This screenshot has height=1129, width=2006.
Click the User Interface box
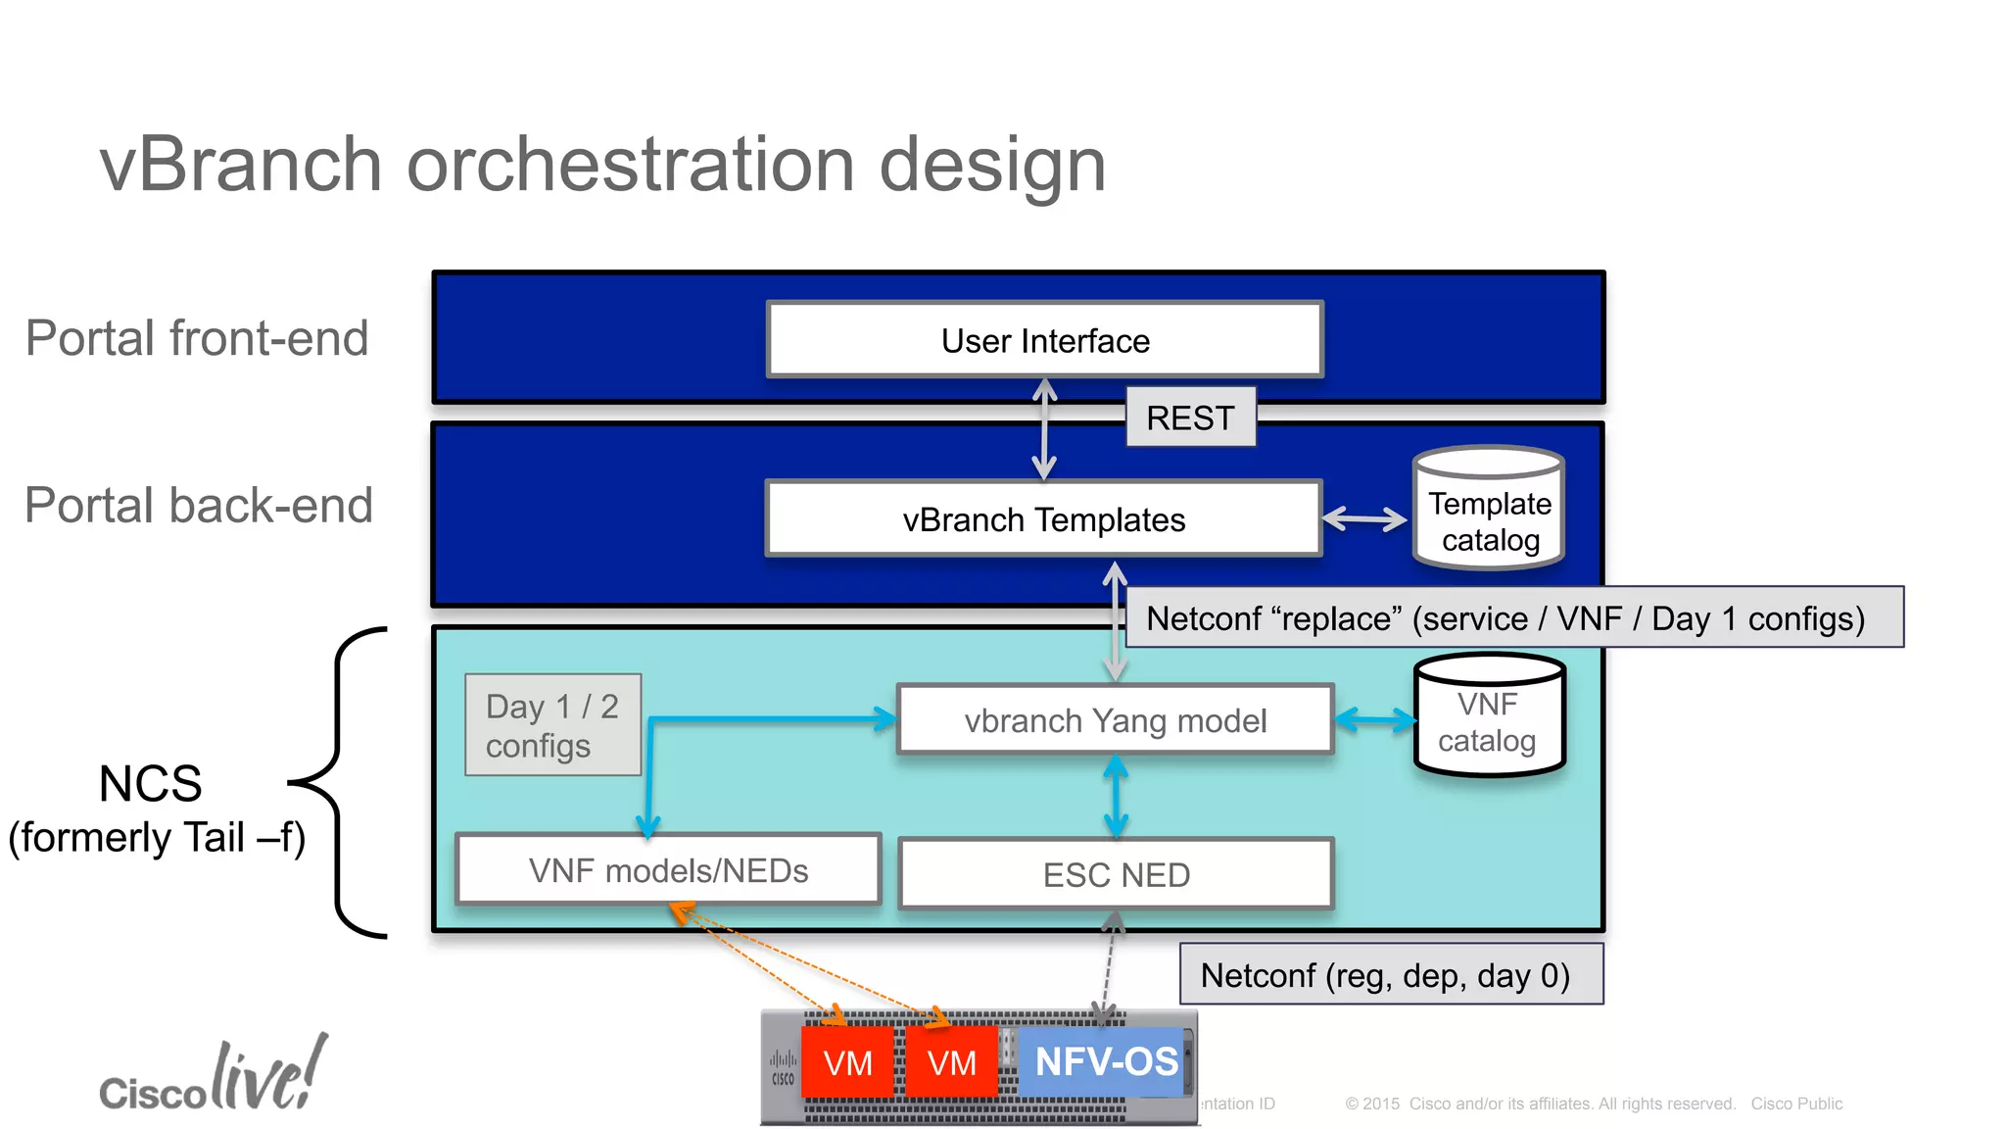point(1045,340)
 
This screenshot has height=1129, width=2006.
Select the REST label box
point(1190,417)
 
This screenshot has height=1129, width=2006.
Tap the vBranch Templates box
point(1043,519)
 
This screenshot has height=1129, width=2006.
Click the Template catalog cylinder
point(1489,510)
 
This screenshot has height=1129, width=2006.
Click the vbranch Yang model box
point(1115,720)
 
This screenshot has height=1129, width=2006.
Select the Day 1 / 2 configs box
point(552,725)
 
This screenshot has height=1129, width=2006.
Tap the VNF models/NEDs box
point(668,870)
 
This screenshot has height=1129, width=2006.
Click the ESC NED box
point(1116,874)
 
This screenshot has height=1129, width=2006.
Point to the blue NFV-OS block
point(1106,1061)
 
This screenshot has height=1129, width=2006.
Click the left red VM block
point(847,1062)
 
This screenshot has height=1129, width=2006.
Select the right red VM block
point(951,1062)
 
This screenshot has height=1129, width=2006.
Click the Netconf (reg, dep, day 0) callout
point(1391,974)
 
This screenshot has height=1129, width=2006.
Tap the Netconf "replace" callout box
point(1513,617)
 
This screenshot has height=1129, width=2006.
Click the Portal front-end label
point(197,338)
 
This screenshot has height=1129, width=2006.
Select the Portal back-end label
point(199,506)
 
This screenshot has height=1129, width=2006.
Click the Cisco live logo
point(213,1078)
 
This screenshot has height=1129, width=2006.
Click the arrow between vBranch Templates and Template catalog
point(1364,519)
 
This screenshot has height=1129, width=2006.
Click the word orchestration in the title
point(630,165)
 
